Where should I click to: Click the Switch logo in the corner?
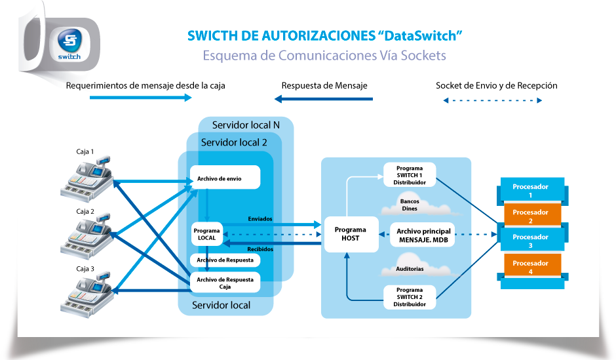pyautogui.click(x=68, y=44)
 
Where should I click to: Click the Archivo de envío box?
pyautogui.click(x=225, y=177)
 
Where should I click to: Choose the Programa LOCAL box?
pyautogui.click(x=206, y=233)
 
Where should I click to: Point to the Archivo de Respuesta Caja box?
pyautogui.click(x=225, y=283)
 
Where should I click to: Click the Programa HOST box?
pyautogui.click(x=351, y=234)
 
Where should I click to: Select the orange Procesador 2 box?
pyautogui.click(x=530, y=216)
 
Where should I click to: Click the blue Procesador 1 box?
pyautogui.click(x=530, y=190)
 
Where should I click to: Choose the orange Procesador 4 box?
pyautogui.click(x=530, y=267)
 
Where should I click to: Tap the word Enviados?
pyautogui.click(x=260, y=218)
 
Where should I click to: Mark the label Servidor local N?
pyautogui.click(x=246, y=125)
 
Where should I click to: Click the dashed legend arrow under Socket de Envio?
pyautogui.click(x=492, y=100)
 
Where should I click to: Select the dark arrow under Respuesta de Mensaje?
pyautogui.click(x=324, y=99)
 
